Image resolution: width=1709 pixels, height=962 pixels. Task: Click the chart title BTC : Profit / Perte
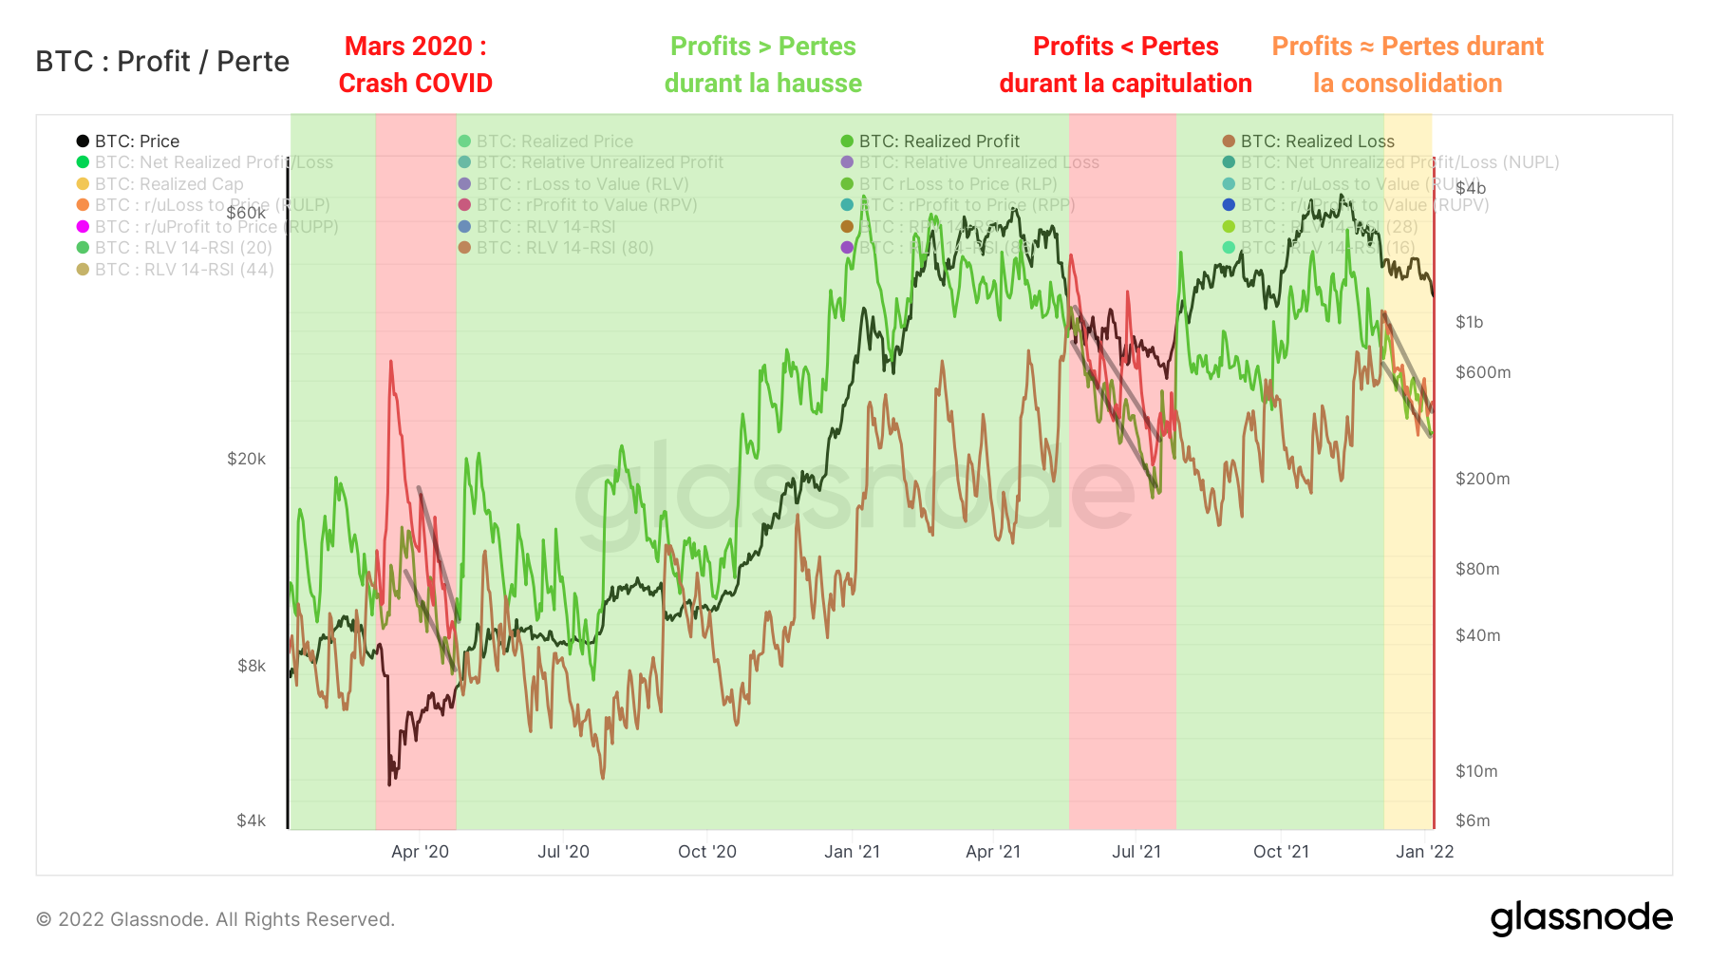click(x=162, y=62)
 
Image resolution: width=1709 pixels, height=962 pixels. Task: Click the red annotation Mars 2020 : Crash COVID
click(x=415, y=65)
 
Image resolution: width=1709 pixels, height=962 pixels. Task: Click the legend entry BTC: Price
click(x=136, y=141)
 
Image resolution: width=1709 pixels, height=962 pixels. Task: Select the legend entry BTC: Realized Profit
click(x=938, y=141)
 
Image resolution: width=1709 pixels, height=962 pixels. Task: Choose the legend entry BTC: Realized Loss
click(x=1316, y=141)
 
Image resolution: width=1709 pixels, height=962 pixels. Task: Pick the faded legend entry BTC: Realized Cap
click(x=168, y=184)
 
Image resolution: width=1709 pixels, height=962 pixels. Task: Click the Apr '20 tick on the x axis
click(x=420, y=852)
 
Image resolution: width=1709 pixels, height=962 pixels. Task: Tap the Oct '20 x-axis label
click(x=706, y=852)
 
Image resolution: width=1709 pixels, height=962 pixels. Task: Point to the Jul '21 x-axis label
click(x=1136, y=852)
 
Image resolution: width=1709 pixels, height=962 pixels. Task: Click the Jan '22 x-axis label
click(x=1424, y=852)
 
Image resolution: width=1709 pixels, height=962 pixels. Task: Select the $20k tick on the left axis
click(x=246, y=460)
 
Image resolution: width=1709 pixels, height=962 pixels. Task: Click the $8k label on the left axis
click(x=252, y=667)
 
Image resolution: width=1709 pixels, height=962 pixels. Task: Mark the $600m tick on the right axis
click(x=1482, y=373)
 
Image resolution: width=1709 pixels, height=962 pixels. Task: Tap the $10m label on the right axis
click(x=1476, y=771)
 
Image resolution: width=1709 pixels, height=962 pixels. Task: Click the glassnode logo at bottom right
click(x=1581, y=918)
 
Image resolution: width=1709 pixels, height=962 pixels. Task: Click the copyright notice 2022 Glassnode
click(x=216, y=919)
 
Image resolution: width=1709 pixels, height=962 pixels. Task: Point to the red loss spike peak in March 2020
click(x=390, y=363)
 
